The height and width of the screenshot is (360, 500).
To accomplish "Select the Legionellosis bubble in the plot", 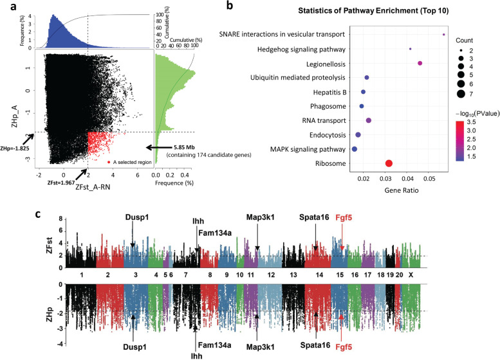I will (420, 63).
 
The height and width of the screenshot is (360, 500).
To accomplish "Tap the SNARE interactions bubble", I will (444, 35).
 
